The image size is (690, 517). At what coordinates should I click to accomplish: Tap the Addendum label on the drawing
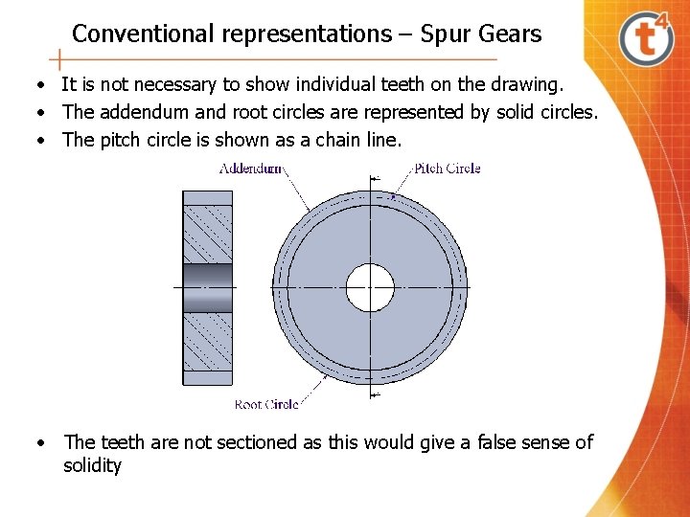(250, 169)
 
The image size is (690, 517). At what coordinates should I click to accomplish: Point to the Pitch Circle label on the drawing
(448, 169)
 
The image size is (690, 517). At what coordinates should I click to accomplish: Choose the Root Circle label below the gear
(266, 405)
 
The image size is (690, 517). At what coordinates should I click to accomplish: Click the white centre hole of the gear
(370, 287)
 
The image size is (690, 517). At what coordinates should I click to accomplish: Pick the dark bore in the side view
(207, 287)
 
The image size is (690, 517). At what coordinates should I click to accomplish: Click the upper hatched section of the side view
(207, 235)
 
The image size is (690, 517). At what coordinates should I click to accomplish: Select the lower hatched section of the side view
(207, 342)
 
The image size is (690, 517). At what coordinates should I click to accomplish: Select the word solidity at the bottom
(92, 466)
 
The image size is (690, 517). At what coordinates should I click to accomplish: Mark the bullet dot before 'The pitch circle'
(42, 141)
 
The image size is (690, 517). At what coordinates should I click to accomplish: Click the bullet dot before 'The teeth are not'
(42, 443)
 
